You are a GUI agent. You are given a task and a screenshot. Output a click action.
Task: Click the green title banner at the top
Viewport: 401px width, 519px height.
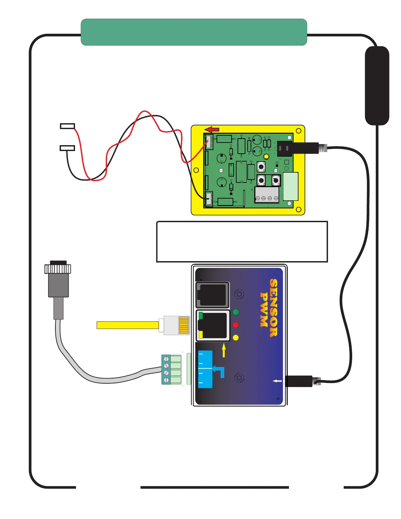(194, 32)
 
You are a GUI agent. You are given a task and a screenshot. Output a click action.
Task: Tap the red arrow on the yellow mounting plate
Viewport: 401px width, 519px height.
(212, 129)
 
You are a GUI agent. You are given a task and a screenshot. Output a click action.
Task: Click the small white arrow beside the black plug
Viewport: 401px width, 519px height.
(277, 381)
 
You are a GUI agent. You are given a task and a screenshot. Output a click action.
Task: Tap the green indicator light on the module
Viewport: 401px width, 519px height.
(236, 312)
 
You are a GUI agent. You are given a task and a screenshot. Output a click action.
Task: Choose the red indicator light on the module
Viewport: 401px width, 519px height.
(236, 325)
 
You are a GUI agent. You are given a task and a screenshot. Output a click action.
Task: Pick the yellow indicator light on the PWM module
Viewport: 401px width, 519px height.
(236, 337)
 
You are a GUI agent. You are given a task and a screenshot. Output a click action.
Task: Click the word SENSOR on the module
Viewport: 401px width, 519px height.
(274, 308)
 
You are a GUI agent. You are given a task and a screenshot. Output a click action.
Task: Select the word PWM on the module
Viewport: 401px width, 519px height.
(264, 310)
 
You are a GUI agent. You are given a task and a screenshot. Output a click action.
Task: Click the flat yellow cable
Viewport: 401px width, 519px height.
(128, 325)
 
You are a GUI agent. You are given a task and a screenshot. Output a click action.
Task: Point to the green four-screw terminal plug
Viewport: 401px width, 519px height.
(171, 369)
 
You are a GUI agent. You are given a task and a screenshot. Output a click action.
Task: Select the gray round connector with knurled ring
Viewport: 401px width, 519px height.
(58, 279)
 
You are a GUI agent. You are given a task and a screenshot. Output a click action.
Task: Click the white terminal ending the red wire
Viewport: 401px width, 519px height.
(67, 126)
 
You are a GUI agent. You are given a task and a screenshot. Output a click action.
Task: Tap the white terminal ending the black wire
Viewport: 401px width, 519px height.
(67, 148)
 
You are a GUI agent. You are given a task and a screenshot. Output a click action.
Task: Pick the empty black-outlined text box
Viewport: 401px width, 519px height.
(242, 241)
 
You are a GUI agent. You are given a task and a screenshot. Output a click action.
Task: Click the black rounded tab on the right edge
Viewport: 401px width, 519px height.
(377, 85)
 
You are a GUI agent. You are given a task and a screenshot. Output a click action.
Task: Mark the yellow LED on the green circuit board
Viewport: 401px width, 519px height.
(266, 157)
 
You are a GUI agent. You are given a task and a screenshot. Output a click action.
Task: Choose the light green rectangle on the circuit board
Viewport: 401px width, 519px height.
(291, 186)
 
